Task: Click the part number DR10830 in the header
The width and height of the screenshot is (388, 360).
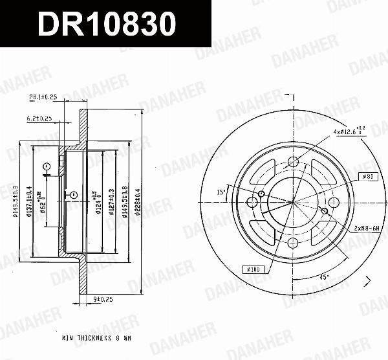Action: coord(106,25)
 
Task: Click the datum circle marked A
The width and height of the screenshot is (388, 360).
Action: coord(47,167)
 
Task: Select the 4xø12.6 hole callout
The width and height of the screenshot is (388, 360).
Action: coord(350,132)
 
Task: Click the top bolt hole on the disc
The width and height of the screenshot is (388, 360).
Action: coord(293,162)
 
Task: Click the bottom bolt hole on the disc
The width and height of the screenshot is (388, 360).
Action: coord(293,242)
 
